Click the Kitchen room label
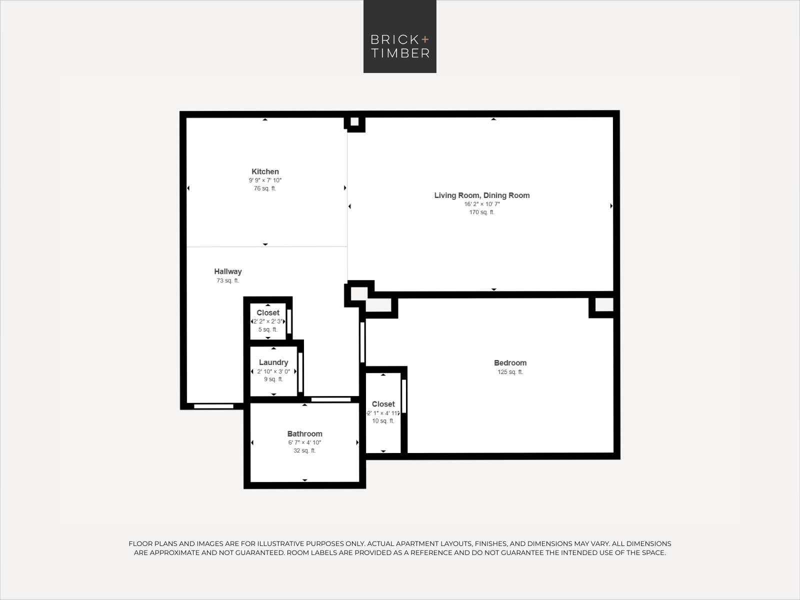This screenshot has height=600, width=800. coord(265,171)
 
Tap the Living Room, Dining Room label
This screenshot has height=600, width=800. coord(482,195)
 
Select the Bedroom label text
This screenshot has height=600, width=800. coord(510,363)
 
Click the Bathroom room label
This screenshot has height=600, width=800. coord(304,434)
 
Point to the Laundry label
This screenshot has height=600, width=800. coord(273,362)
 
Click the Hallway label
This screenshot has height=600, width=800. coord(228,271)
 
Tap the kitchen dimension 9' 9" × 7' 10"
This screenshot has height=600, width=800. coord(265,180)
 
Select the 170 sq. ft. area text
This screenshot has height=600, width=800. coord(482,212)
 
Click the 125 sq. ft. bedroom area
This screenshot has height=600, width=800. coord(510,372)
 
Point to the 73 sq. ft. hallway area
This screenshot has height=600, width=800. coord(228,280)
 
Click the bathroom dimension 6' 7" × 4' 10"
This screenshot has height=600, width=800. coord(304,442)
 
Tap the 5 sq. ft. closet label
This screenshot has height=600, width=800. coord(268,329)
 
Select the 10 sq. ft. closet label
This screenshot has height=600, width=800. coord(383,421)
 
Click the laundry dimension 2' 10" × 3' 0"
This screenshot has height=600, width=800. coord(273,371)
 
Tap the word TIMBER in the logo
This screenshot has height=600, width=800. coord(400,53)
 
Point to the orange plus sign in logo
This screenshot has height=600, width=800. coord(425,39)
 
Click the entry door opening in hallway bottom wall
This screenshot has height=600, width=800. coord(213,406)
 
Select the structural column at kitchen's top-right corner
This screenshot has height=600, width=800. coord(354,121)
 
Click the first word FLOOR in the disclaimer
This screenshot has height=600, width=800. coord(140,543)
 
